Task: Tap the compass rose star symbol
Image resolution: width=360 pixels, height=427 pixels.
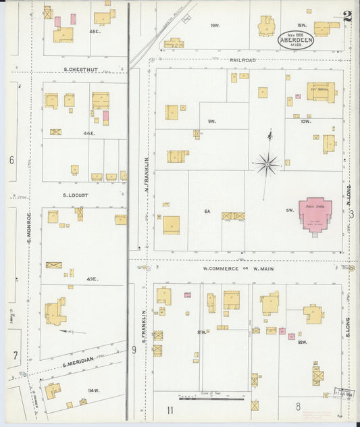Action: point(267,163)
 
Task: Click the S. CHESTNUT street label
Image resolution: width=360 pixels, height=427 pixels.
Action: point(81,68)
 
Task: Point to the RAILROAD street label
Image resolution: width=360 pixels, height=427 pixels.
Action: point(242,61)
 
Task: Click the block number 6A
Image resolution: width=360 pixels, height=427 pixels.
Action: point(207,211)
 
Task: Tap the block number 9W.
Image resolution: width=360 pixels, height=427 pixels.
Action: point(211,122)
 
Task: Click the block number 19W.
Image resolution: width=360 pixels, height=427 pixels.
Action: point(215,26)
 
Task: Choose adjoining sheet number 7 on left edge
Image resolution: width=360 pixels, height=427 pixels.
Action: point(13,354)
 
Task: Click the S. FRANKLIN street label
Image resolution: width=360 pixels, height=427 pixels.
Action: point(145,324)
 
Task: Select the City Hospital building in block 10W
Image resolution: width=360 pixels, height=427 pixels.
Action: point(321,91)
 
